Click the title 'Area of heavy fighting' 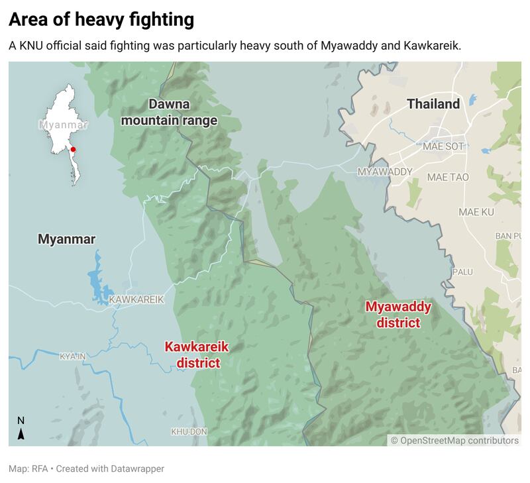101,20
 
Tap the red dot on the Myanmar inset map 73,150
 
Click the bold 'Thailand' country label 433,104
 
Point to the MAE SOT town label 444,146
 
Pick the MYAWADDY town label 384,172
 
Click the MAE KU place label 477,212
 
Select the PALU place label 462,272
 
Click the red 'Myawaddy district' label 398,315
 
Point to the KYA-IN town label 73,356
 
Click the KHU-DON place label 189,431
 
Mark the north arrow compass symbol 21,429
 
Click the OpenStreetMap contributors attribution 454,440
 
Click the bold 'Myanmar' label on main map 66,239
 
